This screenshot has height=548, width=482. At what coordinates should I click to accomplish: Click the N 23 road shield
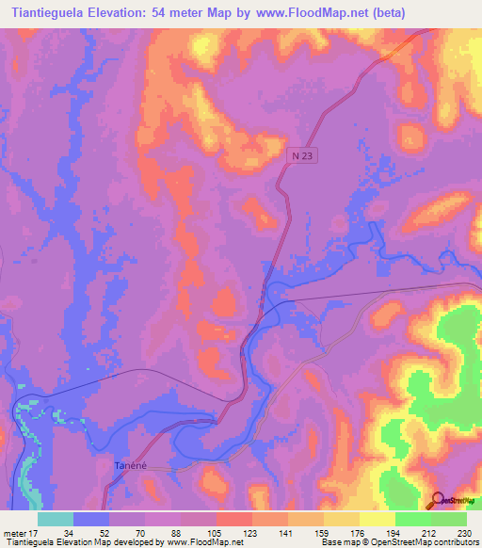click(x=298, y=158)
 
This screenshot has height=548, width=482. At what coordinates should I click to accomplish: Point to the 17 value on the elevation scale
click(x=38, y=533)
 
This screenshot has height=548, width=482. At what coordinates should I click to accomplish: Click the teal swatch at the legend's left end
click(x=56, y=519)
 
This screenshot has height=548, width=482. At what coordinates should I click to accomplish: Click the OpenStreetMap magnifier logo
click(x=436, y=501)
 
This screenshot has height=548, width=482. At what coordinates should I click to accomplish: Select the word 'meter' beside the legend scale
click(x=15, y=533)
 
